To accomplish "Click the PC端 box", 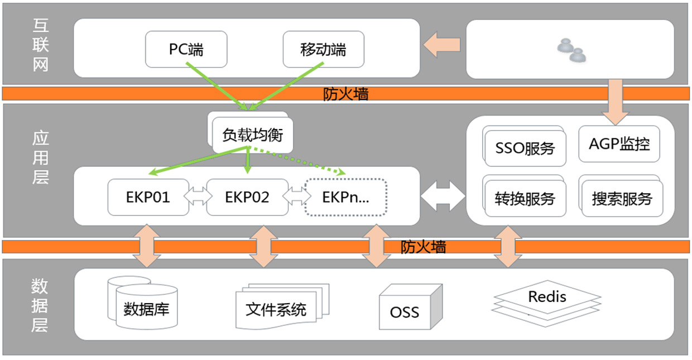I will [x=186, y=50].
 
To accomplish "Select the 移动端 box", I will [x=323, y=50].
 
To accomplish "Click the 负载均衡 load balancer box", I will [x=253, y=136].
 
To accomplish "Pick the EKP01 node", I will [x=148, y=197].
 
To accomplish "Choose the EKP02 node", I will [x=247, y=197].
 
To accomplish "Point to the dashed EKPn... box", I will [x=346, y=197].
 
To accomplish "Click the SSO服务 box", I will [x=525, y=148].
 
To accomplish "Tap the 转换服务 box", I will [x=525, y=199].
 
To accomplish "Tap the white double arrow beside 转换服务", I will [x=443, y=195].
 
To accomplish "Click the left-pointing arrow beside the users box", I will [x=441, y=44].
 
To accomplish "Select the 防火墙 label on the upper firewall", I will [x=346, y=94].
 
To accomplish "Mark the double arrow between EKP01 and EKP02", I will [x=198, y=196].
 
